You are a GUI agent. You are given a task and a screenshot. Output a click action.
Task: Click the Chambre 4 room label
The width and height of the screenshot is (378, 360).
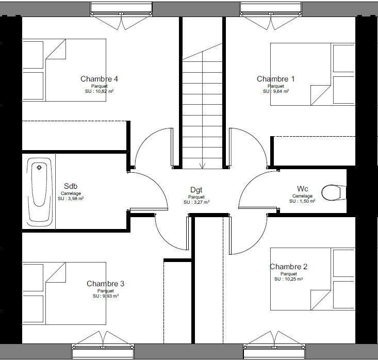[100, 79]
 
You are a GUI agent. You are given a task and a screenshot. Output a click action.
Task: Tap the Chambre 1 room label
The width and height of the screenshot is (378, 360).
[276, 79]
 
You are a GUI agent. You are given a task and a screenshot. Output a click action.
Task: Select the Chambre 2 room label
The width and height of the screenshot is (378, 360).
[288, 267]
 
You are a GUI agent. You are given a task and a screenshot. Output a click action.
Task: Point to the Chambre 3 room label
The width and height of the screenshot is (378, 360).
[105, 284]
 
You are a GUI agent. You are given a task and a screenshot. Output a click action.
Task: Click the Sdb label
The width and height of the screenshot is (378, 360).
[71, 186]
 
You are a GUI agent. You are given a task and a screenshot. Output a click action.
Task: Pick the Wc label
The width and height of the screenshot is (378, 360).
[302, 188]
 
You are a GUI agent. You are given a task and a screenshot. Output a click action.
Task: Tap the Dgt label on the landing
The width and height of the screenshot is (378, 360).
[196, 190]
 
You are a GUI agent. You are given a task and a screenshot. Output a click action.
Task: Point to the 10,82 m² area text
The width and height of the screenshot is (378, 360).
[100, 91]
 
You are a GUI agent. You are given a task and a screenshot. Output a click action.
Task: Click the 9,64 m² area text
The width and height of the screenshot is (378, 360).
[276, 91]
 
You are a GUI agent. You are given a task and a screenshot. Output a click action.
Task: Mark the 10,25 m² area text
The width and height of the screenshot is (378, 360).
[289, 279]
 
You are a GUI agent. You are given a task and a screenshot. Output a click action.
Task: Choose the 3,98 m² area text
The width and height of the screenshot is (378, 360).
[71, 198]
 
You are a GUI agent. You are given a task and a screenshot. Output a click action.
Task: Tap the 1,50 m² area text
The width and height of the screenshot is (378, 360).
[302, 201]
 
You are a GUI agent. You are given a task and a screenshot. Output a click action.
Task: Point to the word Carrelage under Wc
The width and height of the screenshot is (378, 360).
[302, 196]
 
